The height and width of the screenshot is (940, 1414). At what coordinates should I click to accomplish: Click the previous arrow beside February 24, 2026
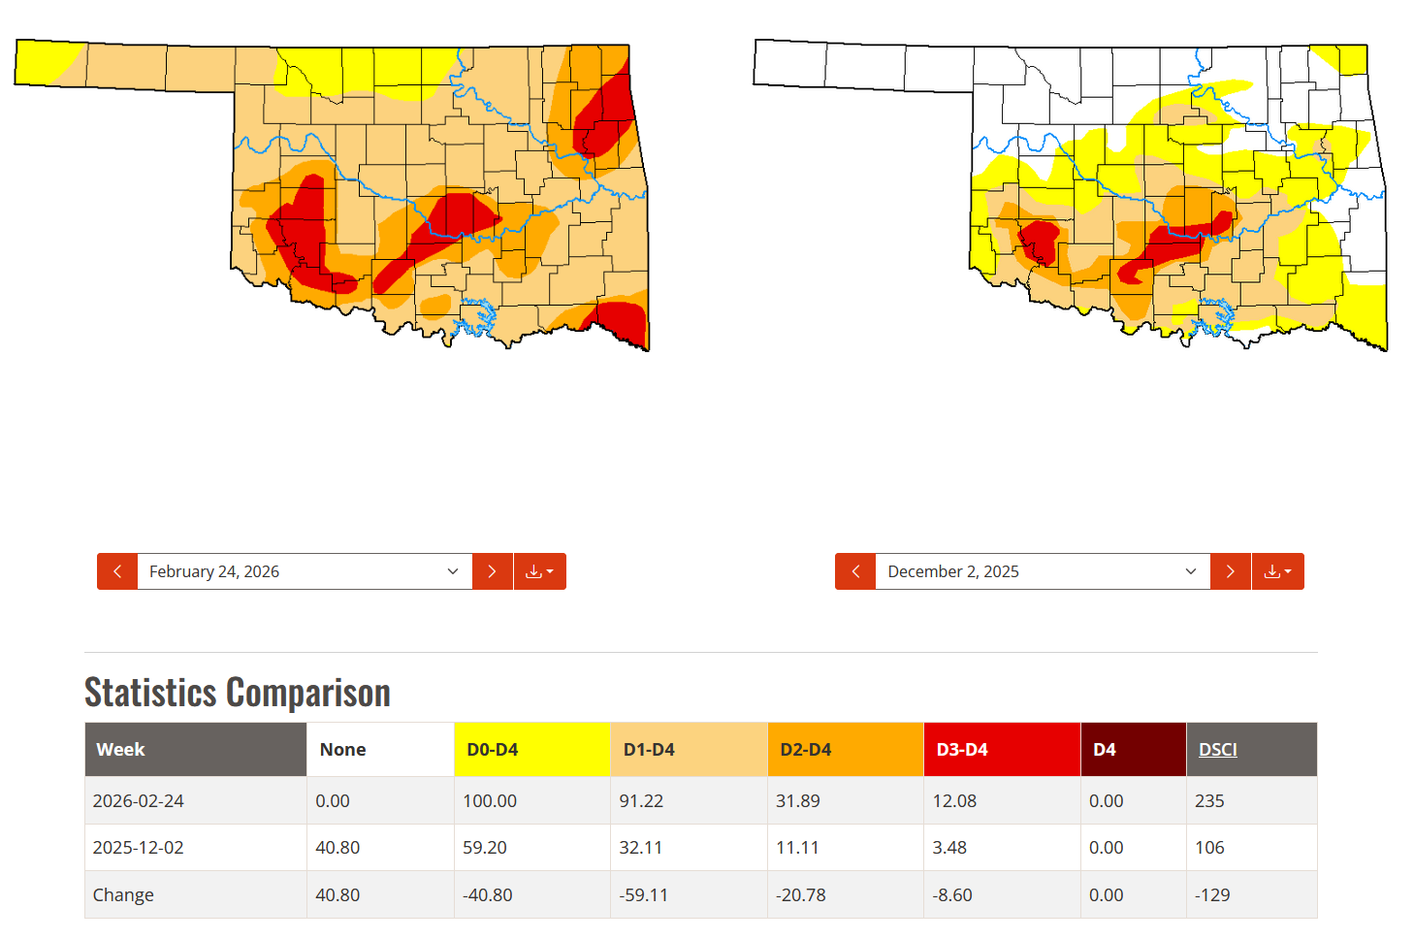117,571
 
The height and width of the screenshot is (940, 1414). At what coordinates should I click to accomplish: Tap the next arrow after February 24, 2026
493,571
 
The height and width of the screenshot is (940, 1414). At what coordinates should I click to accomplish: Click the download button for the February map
539,571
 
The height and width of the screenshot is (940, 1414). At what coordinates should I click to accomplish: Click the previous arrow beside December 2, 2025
855,571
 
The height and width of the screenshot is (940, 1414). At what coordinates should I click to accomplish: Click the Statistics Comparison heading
238,693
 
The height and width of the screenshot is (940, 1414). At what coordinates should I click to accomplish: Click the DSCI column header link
1218,750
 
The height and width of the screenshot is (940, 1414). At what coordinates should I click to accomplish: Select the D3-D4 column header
962,750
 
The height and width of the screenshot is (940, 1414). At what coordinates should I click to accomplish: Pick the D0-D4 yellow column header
493,750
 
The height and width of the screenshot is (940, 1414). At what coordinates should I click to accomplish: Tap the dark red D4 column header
1105,750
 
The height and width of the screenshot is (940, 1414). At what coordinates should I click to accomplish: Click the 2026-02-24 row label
139,801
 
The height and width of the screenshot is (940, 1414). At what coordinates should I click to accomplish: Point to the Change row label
123,894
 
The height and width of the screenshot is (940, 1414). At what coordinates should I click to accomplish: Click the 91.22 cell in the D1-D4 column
641,801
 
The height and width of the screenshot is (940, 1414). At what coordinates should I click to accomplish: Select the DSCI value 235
1209,801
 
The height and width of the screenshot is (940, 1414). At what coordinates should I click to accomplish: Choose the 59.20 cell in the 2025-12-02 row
485,848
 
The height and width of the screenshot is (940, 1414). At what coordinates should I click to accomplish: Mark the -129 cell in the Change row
1212,894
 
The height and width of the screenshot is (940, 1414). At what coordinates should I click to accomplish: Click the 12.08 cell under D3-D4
954,801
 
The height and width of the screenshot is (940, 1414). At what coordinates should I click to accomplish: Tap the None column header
343,750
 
